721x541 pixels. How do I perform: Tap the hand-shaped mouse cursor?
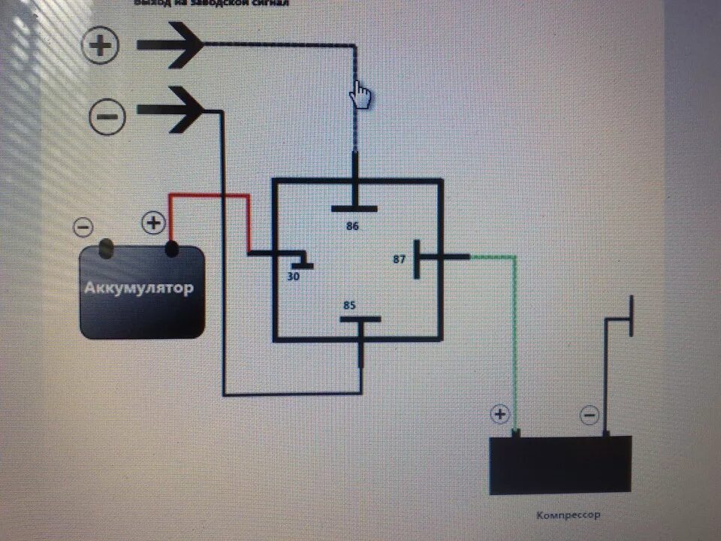coord(361,95)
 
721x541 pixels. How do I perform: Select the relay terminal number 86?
coord(352,225)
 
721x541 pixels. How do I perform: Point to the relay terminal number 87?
coord(400,259)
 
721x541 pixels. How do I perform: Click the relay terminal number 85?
coord(350,305)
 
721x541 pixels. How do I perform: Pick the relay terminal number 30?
coord(293,276)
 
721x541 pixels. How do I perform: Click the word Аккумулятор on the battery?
coord(143,288)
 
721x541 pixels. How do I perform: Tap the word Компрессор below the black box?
coord(569,515)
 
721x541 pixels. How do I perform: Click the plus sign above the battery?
coord(153,223)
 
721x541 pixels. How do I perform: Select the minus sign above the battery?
coord(83,226)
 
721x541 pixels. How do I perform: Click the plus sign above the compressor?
coord(499,414)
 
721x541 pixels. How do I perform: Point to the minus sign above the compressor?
coord(590,415)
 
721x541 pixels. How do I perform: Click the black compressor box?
coord(560,465)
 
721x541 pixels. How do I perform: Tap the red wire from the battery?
coord(218,197)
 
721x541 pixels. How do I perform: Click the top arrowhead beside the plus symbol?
coord(176,45)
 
